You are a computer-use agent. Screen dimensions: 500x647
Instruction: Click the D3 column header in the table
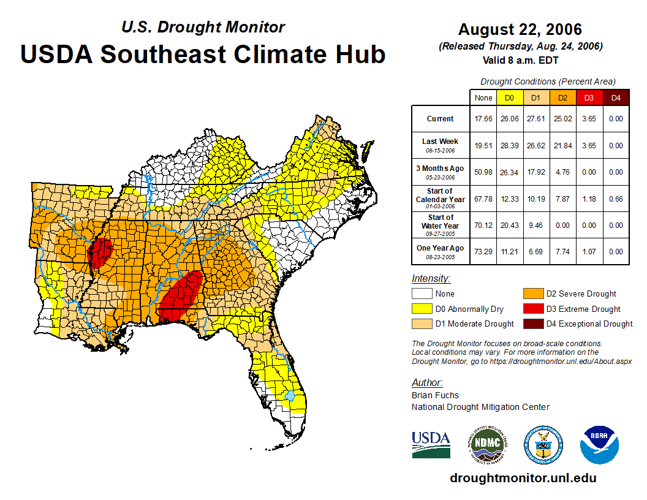tap(589, 98)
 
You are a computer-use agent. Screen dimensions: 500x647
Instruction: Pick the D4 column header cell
tap(616, 98)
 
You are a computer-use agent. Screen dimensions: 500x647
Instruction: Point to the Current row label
tap(441, 119)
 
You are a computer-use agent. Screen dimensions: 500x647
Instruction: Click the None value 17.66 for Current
tap(483, 119)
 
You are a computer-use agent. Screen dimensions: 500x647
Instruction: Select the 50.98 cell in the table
tap(483, 172)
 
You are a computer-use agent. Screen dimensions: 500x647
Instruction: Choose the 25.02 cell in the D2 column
tap(562, 119)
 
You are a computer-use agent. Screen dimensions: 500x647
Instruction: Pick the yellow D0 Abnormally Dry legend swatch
tap(422, 309)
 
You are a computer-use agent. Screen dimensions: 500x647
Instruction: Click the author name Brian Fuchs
tap(435, 395)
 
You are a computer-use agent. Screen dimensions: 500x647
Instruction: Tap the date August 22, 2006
tap(520, 29)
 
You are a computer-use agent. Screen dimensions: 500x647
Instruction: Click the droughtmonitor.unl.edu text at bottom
tap(523, 478)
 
